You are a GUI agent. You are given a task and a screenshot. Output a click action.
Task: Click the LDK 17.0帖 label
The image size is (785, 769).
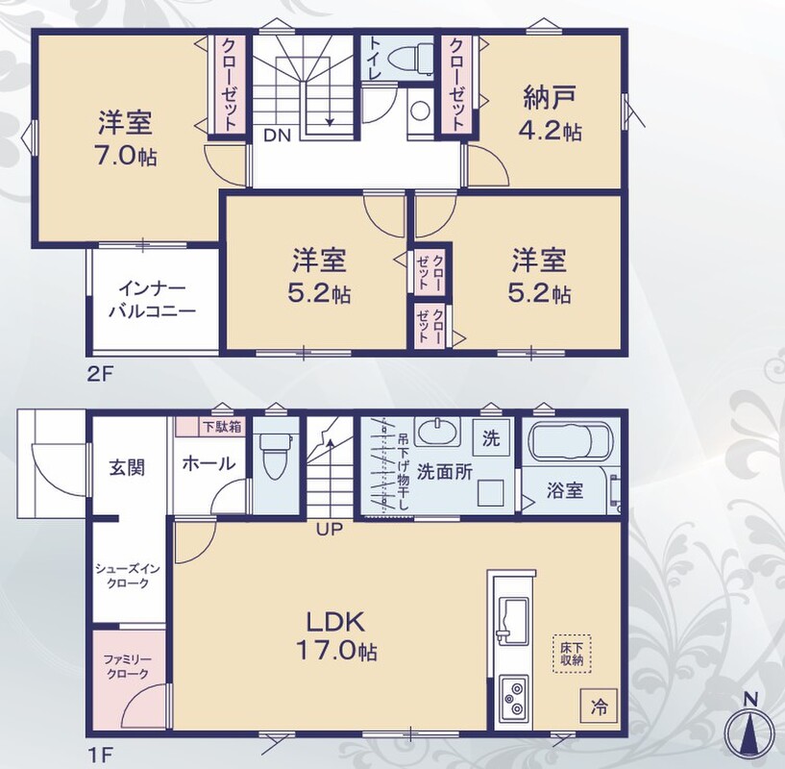pos(336,636)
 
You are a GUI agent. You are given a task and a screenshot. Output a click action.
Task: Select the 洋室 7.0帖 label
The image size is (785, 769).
pos(125,138)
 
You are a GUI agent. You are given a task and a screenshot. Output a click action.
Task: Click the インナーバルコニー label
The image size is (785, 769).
pos(152,300)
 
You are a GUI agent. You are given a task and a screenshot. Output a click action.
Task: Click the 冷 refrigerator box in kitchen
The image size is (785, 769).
pos(599,707)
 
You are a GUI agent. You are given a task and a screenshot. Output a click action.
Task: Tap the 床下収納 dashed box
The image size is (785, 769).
pos(572,654)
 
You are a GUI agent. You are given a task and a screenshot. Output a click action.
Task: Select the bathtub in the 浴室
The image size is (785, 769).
pos(571,440)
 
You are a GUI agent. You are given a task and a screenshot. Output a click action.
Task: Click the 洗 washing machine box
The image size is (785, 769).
pos(491,438)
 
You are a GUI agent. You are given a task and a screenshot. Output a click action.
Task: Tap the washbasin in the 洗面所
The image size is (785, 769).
pos(438,432)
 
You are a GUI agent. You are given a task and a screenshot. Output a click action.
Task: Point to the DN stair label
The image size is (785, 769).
pos(278,136)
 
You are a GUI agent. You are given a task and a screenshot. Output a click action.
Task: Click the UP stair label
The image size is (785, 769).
pos(329,529)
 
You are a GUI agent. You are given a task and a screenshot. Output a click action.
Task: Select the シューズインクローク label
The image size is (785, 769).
pos(128,576)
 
